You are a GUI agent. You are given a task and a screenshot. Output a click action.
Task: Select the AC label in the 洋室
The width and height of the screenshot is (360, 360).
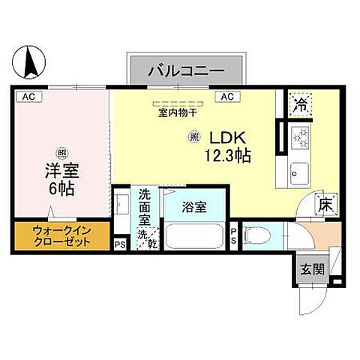[28, 97]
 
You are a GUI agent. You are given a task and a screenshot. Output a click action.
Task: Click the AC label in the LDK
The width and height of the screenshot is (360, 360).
[226, 97]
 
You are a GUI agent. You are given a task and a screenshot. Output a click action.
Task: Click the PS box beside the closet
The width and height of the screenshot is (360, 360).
[119, 243]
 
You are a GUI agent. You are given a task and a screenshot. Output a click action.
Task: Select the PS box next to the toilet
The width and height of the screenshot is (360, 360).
[234, 235]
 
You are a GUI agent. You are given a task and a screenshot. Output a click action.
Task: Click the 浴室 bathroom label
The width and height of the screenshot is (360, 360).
[195, 208]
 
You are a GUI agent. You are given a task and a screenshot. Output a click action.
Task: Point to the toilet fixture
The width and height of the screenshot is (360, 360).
[256, 235]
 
